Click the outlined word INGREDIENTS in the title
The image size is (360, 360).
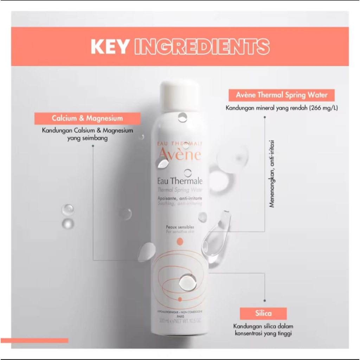coord(202,47)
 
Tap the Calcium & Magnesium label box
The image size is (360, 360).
coord(87,118)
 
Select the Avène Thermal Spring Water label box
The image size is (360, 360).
coord(282,95)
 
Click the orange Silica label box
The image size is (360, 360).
coord(263,313)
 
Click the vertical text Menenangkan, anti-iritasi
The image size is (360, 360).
coord(272,174)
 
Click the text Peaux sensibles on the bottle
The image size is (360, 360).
coord(180,227)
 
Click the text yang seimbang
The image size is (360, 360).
coord(88,139)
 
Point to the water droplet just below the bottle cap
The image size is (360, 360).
coord(182,117)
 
